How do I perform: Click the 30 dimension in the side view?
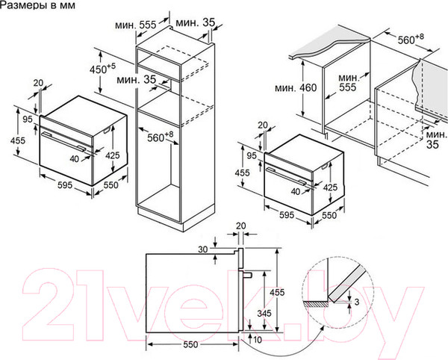204,249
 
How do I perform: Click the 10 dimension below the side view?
257,341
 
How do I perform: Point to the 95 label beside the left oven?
27,120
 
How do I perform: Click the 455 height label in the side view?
276,291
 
